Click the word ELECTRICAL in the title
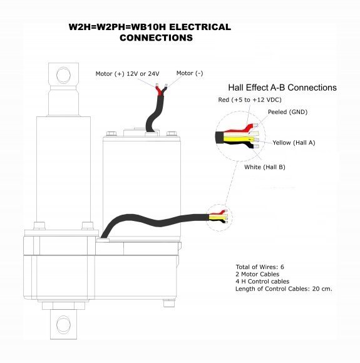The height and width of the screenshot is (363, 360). point(200,27)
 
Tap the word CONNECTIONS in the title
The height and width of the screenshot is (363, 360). point(156,38)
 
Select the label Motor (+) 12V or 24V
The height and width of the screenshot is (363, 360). point(128,74)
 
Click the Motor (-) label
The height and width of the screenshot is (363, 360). point(190,73)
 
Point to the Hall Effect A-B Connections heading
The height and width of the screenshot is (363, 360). point(282,88)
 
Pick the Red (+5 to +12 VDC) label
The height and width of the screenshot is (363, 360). point(250,100)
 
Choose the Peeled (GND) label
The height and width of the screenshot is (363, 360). point(287,112)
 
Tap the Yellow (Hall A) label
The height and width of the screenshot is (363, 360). point(294,143)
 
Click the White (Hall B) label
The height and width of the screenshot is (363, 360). point(265,167)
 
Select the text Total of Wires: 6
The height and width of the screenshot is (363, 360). point(260,267)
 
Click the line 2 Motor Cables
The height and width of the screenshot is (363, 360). point(257,274)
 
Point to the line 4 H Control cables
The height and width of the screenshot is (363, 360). point(262,281)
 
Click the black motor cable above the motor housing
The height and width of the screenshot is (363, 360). point(154,113)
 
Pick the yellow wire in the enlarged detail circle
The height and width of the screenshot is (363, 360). point(239,139)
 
